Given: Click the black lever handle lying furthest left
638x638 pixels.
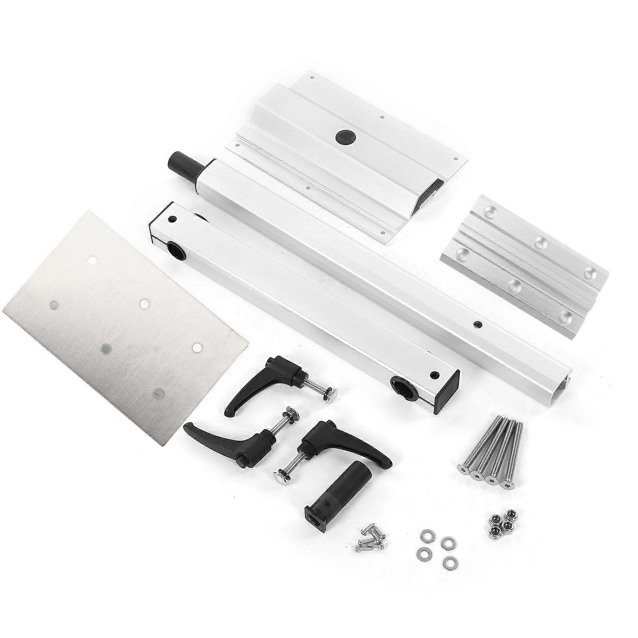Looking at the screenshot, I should (x=223, y=442).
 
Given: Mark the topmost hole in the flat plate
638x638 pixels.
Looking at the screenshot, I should (x=92, y=260).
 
